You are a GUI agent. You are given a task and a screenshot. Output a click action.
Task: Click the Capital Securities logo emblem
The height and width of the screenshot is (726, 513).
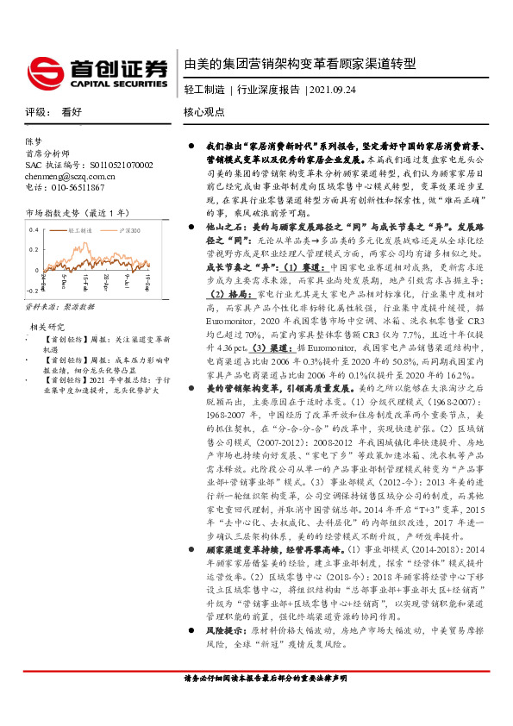tap(46, 69)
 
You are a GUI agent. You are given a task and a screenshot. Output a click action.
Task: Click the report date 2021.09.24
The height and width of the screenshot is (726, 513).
tap(333, 90)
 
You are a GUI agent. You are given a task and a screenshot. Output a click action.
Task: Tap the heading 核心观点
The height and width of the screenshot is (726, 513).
tap(204, 111)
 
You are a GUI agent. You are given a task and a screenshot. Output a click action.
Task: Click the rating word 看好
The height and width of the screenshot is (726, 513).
tap(72, 111)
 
